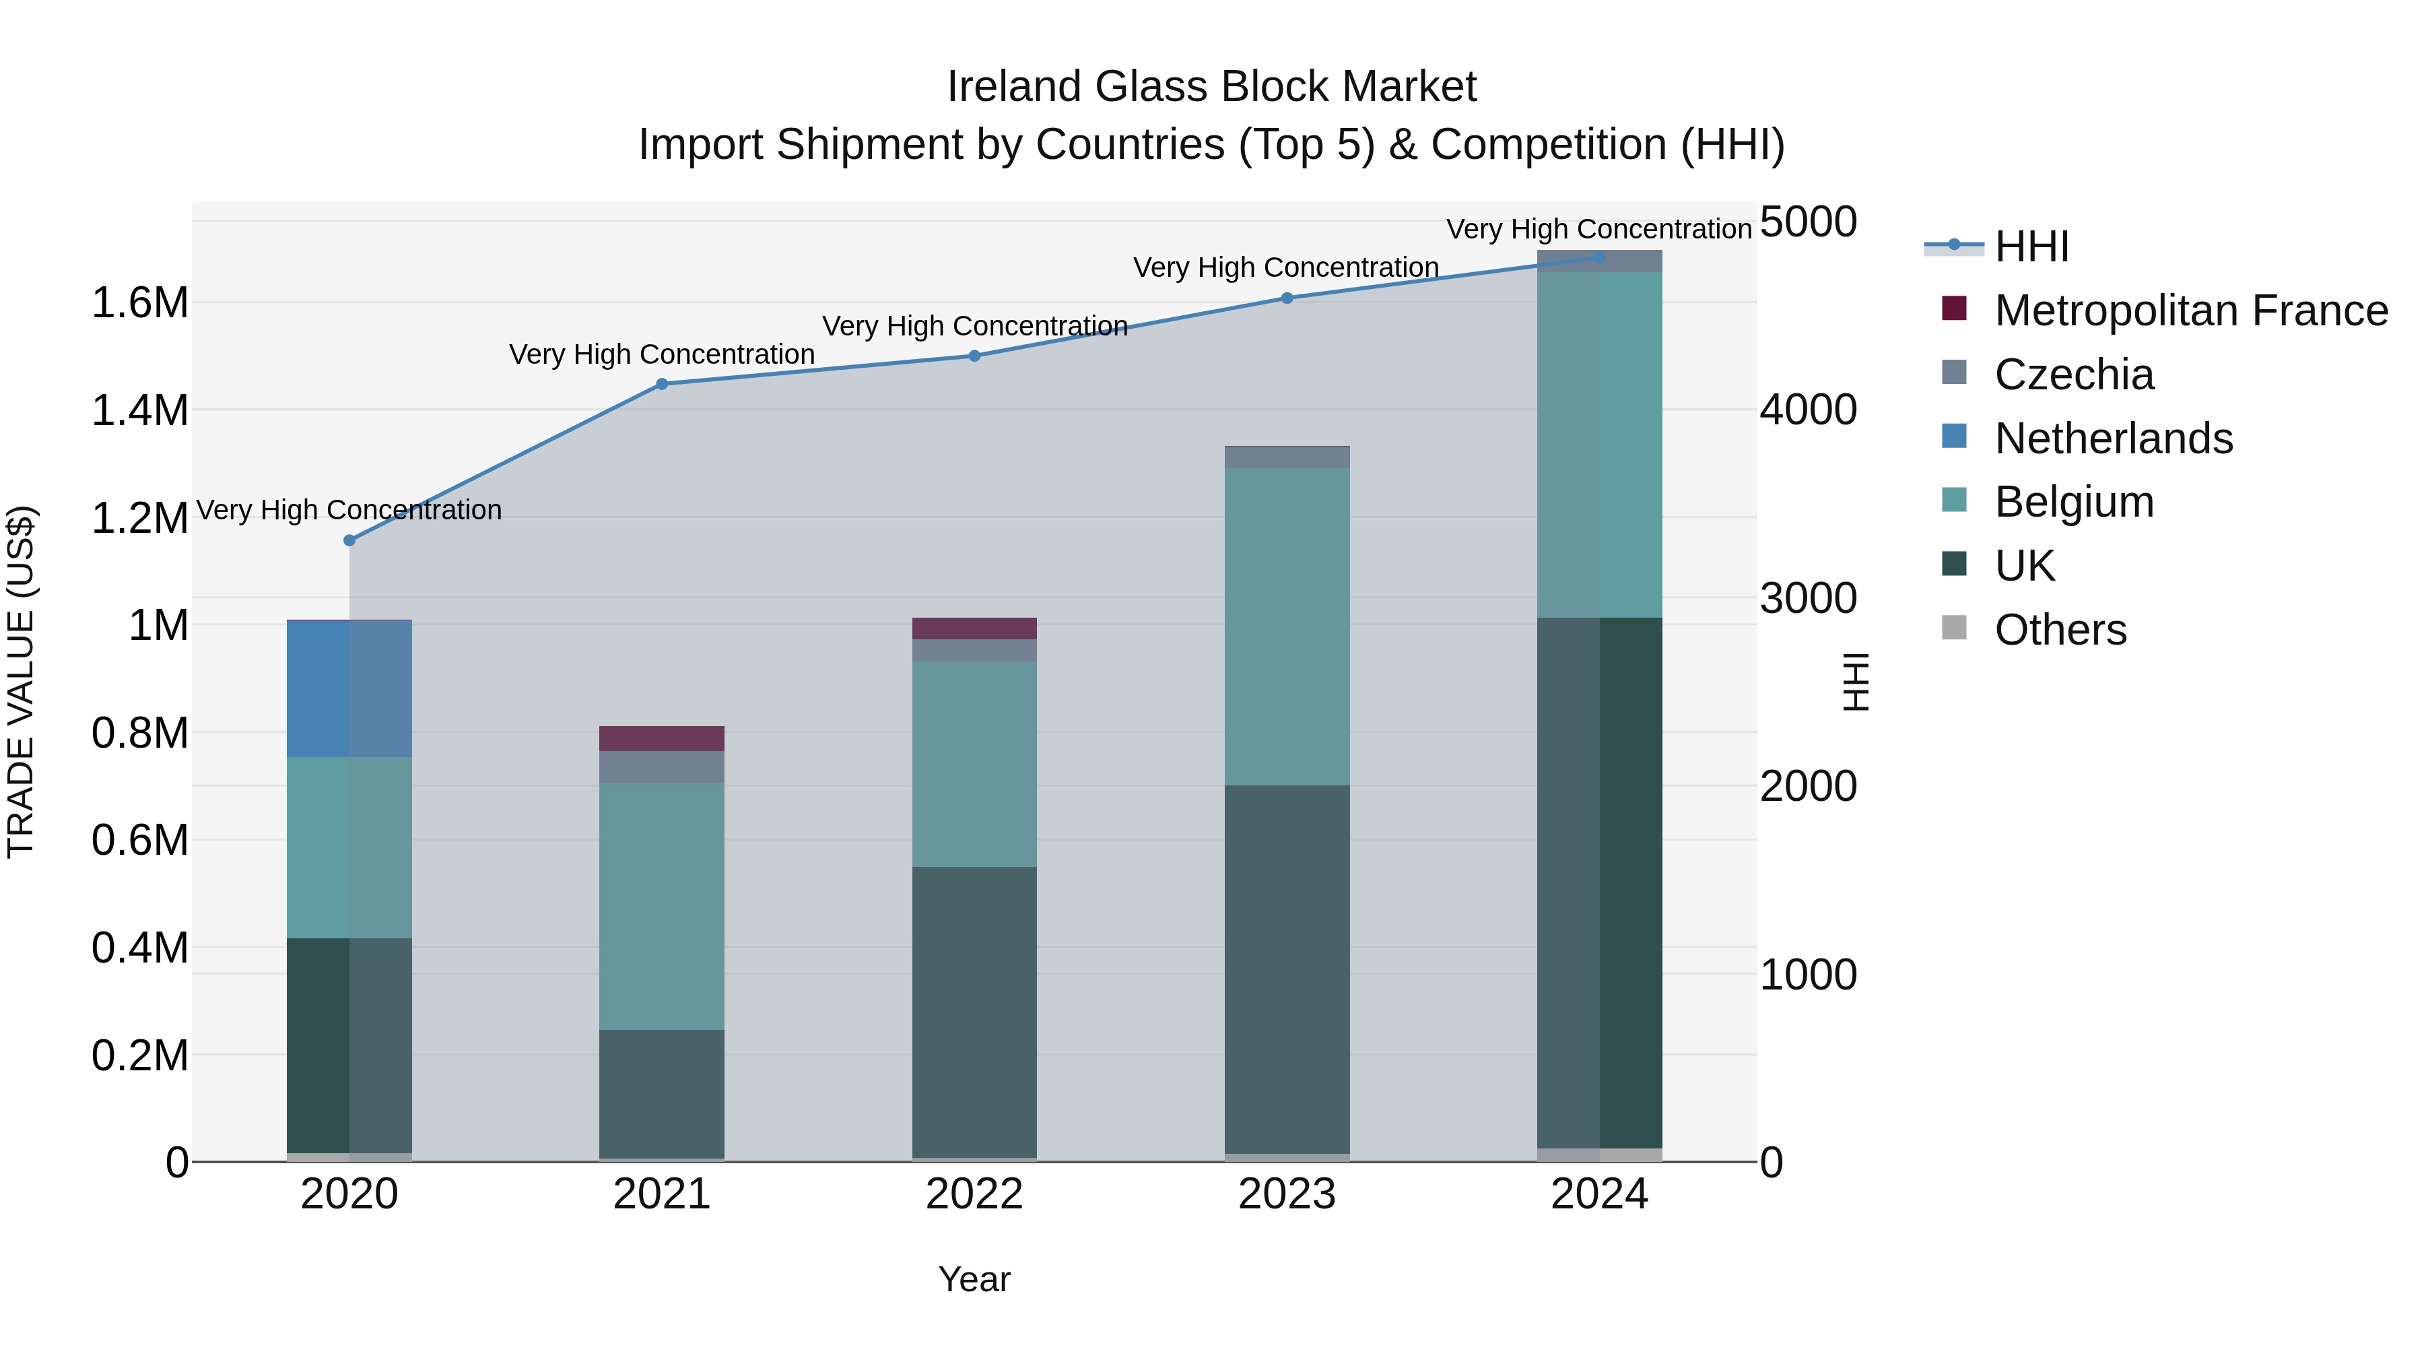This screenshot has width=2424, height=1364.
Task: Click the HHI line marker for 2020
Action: point(349,540)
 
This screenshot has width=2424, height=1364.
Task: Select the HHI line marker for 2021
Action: point(661,384)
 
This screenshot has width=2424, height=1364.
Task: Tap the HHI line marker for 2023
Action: point(1287,298)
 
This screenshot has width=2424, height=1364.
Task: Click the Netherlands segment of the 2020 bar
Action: point(349,689)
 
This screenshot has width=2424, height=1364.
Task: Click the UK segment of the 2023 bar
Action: point(1287,969)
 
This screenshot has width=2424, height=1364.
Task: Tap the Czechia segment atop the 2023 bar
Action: point(1287,457)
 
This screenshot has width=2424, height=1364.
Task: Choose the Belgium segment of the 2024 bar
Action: point(1600,445)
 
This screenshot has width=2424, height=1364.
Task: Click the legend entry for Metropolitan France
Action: point(2190,311)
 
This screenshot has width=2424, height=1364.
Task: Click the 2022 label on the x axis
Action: point(974,1194)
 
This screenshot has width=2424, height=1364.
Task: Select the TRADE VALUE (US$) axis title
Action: point(22,682)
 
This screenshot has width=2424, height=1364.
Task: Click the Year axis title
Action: point(974,1279)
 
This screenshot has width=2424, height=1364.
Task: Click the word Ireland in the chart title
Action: point(1015,87)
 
